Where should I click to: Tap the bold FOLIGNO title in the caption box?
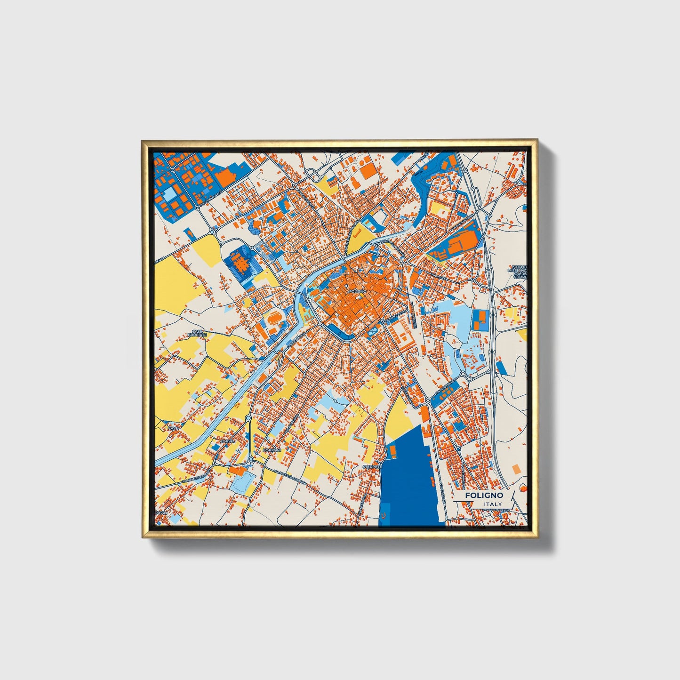(x=484, y=496)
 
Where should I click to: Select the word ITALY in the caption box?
(x=492, y=504)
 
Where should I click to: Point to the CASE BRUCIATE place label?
(x=195, y=333)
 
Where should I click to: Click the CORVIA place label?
(x=227, y=441)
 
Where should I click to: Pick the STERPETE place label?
(x=370, y=466)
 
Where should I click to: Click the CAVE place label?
(x=173, y=429)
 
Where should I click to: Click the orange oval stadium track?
(x=273, y=321)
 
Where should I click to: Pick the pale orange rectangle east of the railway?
(x=516, y=469)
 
